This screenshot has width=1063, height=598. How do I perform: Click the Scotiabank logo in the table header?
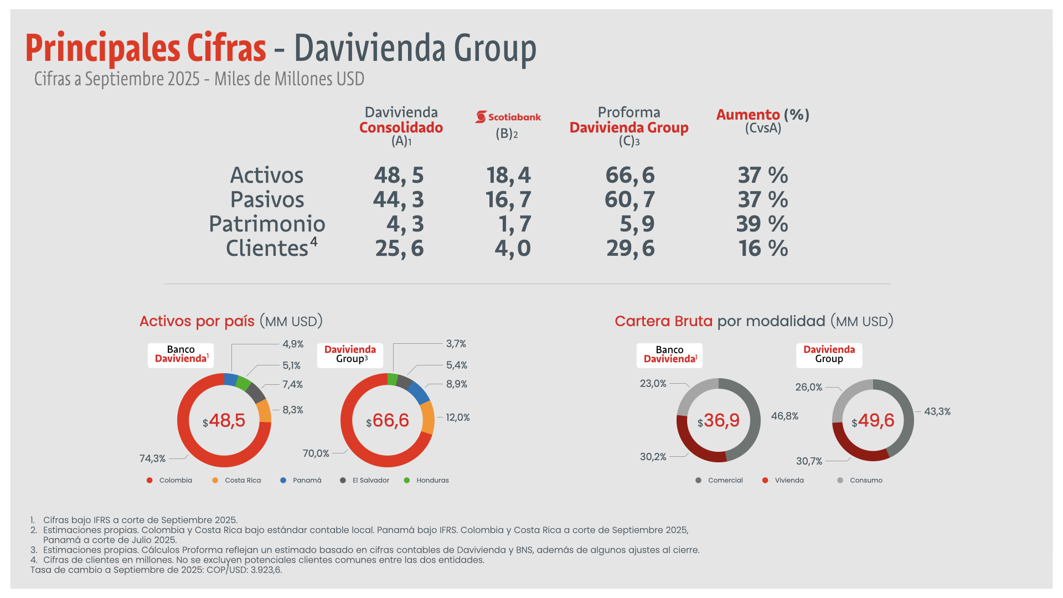508,117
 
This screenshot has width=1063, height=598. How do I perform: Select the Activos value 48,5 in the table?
399,176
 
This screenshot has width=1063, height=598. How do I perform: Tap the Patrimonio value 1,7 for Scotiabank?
514,224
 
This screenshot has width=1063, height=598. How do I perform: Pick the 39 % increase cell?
762,224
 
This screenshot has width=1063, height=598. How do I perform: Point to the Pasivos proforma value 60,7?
629,200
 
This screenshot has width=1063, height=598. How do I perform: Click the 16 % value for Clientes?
763,249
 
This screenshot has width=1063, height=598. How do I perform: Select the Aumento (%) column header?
762,115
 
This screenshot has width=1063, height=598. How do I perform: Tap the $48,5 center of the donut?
224,421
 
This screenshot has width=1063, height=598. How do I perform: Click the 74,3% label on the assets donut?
152,458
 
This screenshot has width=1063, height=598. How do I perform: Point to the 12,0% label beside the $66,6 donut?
458,417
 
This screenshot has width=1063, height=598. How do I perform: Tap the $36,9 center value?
719,421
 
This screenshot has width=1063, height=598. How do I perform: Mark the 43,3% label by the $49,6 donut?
937,411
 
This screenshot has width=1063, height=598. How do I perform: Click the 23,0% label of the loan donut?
653,383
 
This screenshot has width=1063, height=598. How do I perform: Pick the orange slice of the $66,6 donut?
428,417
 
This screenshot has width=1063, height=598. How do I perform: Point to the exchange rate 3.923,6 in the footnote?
266,570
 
